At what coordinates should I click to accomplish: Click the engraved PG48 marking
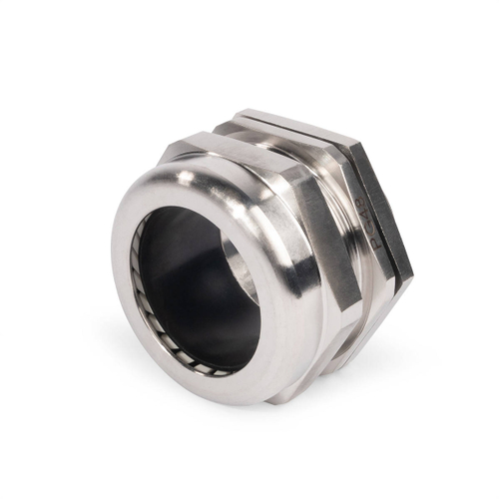coord(367,224)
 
